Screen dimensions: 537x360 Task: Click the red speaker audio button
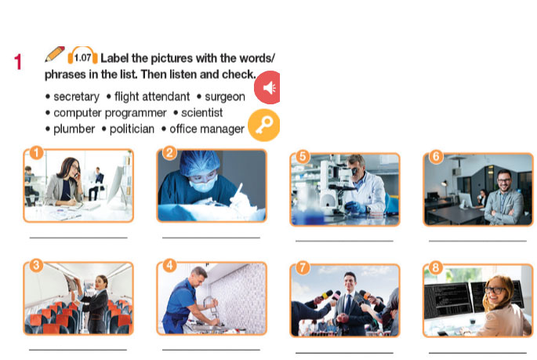pos(268,87)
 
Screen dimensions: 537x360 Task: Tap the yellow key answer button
pos(264,125)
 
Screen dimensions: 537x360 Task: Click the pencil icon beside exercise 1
pos(54,54)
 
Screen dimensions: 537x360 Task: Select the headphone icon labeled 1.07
pos(82,56)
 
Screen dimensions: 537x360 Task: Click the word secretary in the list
pos(76,97)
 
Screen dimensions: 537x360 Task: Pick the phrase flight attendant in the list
pos(152,96)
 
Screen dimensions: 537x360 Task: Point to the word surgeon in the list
pos(225,97)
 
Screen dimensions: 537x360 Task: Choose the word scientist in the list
pos(202,113)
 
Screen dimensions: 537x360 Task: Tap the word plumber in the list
pos(74,129)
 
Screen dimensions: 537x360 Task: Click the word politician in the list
pos(132,129)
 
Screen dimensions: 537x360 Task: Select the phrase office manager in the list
pos(207,129)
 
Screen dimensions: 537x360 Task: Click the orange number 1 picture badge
pos(36,153)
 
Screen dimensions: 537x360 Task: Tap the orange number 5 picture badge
pos(303,156)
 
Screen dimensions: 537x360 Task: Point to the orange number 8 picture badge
pos(435,267)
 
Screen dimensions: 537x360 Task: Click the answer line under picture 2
pos(211,237)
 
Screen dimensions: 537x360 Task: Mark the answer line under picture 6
pos(477,241)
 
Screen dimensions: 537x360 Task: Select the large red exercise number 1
pos(18,62)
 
